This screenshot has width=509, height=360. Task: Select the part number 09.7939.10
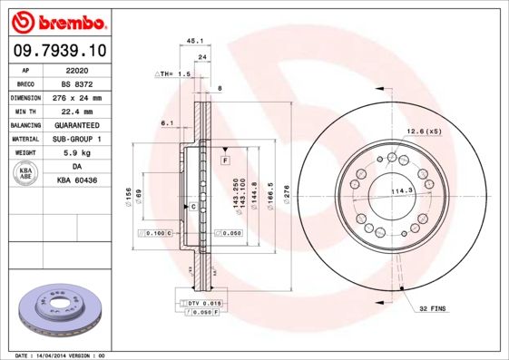(x=60, y=50)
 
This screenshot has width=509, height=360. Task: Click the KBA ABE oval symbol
(x=25, y=173)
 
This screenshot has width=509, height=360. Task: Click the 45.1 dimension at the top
(x=193, y=41)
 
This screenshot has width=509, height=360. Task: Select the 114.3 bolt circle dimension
(x=401, y=190)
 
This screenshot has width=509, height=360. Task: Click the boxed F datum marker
(x=223, y=160)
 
